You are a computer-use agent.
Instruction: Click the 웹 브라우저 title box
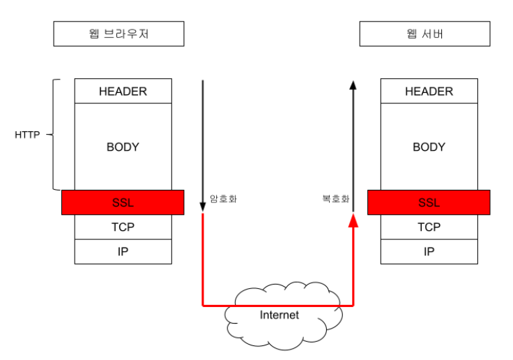coord(118,33)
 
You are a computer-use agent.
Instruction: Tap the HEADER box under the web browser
coord(123,91)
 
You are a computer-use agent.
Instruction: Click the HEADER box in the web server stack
coord(429,91)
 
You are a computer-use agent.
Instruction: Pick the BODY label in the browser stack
coord(123,147)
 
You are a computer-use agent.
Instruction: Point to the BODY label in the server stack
coord(429,147)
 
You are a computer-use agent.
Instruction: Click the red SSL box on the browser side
coord(123,202)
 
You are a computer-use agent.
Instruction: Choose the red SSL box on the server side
coord(429,202)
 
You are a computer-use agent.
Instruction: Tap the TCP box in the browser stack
coord(123,227)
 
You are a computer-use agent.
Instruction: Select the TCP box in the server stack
coord(429,227)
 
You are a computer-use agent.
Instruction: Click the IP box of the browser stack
coord(123,251)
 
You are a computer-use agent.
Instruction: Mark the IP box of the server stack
coord(429,251)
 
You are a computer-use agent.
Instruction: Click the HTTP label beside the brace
coord(28,135)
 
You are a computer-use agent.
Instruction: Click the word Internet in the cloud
coord(280,315)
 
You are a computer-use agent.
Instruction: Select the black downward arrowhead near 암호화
coord(203,207)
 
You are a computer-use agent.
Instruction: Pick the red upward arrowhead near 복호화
coord(353,220)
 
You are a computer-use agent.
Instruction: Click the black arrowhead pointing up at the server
coord(353,85)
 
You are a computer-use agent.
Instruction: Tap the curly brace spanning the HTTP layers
coord(56,135)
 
